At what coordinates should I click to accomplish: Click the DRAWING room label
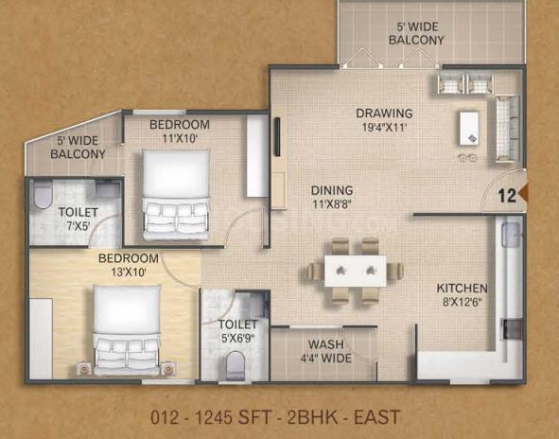pyautogui.click(x=384, y=114)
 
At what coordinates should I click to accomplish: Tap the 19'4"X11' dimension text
pyautogui.click(x=385, y=128)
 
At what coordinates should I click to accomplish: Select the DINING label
pyautogui.click(x=332, y=190)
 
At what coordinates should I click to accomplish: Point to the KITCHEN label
pyautogui.click(x=462, y=289)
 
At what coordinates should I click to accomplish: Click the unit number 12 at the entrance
pyautogui.click(x=507, y=196)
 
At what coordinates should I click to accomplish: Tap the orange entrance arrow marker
pyautogui.click(x=522, y=194)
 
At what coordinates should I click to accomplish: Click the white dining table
pyautogui.click(x=356, y=271)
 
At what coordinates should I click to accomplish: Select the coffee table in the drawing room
pyautogui.click(x=469, y=128)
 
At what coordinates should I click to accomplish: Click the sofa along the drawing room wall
pyautogui.click(x=507, y=129)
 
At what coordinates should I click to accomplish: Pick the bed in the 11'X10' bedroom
pyautogui.click(x=176, y=194)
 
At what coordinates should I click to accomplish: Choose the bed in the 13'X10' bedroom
pyautogui.click(x=127, y=330)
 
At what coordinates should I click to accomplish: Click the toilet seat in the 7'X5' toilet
pyautogui.click(x=44, y=195)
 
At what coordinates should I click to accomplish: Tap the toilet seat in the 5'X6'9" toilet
pyautogui.click(x=236, y=365)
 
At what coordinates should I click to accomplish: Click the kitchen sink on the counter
pyautogui.click(x=511, y=235)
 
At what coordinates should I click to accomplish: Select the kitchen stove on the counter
pyautogui.click(x=512, y=329)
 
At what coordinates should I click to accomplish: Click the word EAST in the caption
pyautogui.click(x=376, y=417)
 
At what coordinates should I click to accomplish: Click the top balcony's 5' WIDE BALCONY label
pyautogui.click(x=416, y=33)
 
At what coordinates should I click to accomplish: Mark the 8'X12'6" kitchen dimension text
pyautogui.click(x=462, y=303)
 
